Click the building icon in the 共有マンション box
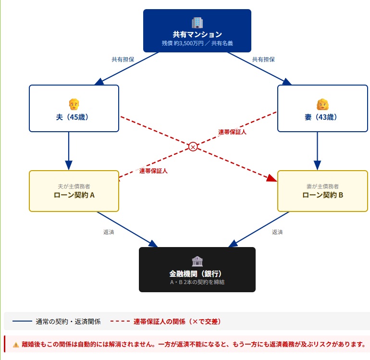[197, 23]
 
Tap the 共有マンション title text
[197, 34]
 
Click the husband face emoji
[74, 104]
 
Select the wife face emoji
[322, 104]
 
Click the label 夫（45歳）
[74, 117]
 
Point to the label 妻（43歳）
[322, 117]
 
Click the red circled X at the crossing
[193, 147]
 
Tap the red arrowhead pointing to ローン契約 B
[272, 178]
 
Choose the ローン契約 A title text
[74, 195]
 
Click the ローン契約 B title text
[322, 195]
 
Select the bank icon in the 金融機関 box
[197, 261]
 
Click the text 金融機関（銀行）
[197, 273]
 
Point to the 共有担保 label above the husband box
[123, 60]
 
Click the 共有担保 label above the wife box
[263, 60]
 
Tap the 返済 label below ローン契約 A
[109, 232]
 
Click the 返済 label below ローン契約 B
[277, 232]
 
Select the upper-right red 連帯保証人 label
[232, 132]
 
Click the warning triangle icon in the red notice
[16, 344]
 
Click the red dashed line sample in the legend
[120, 321]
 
